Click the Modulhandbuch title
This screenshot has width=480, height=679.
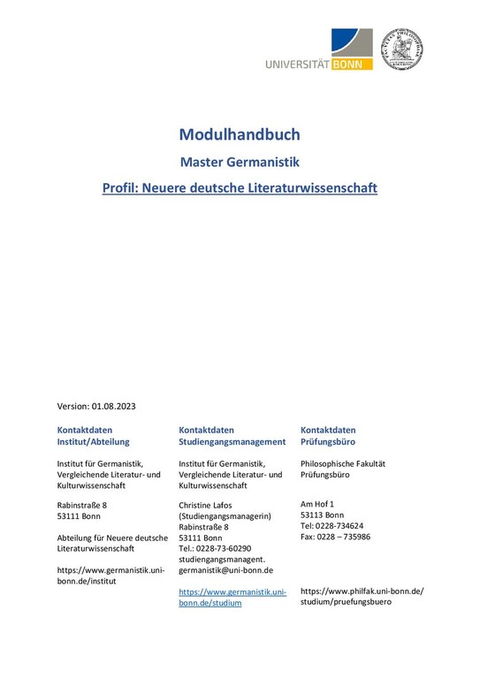[x=240, y=134]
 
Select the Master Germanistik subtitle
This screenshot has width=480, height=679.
[x=240, y=162]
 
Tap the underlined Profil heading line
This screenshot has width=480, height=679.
[x=240, y=188]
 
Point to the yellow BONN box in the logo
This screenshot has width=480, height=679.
[x=352, y=64]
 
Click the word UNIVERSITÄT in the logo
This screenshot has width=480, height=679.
[x=297, y=64]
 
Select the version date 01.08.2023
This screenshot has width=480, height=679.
[x=113, y=406]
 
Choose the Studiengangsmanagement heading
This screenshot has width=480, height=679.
[x=232, y=441]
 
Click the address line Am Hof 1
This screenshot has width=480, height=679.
[x=317, y=504]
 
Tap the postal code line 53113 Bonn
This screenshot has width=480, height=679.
[x=323, y=515]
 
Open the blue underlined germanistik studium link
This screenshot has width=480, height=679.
[x=232, y=597]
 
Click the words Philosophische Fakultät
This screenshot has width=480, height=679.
[x=343, y=463]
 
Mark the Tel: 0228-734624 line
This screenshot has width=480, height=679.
[x=331, y=525]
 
